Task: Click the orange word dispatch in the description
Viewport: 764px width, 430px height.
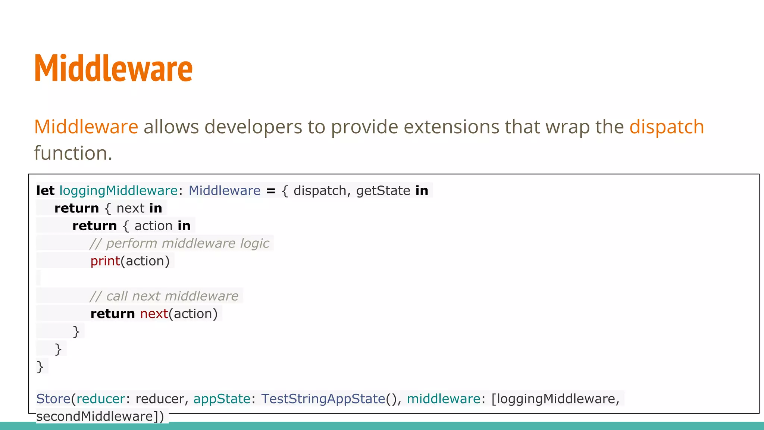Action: [666, 127]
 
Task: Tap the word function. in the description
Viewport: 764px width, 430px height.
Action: [73, 153]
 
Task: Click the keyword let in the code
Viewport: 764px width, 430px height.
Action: [45, 191]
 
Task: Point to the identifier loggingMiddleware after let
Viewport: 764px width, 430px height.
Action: [118, 191]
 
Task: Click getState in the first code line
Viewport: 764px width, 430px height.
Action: [383, 191]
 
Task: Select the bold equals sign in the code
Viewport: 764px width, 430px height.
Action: [271, 191]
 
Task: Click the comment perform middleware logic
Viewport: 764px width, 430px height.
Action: [179, 243]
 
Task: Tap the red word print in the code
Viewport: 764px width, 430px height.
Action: [105, 261]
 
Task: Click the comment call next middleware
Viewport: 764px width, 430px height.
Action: [164, 296]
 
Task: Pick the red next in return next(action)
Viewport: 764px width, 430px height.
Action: [154, 314]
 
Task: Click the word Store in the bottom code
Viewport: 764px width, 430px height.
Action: [53, 399]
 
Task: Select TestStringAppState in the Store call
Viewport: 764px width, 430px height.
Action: [323, 399]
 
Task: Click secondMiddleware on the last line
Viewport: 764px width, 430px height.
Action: [95, 416]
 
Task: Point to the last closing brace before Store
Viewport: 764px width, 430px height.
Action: [40, 367]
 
